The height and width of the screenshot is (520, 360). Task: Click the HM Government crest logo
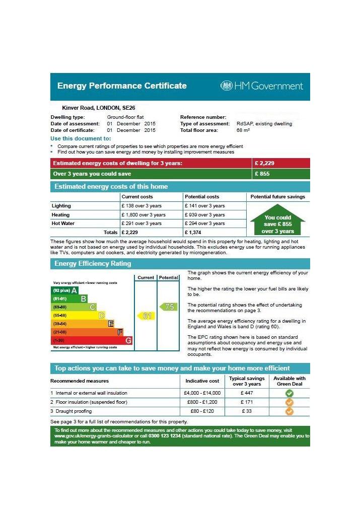click(226, 86)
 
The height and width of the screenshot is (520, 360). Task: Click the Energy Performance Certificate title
click(122, 86)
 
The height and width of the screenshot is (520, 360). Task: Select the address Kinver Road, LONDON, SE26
click(98, 108)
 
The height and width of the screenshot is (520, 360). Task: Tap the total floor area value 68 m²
click(243, 130)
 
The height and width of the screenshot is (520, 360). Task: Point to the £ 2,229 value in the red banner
click(265, 163)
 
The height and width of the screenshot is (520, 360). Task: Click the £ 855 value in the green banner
click(263, 174)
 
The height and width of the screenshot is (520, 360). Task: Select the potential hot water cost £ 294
click(205, 224)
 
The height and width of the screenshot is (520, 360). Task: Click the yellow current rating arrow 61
click(145, 316)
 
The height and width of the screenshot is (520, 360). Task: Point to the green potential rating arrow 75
click(169, 307)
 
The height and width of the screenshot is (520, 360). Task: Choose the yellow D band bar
click(79, 316)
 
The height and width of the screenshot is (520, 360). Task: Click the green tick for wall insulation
click(289, 393)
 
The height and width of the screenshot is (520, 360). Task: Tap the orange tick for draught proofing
click(289, 411)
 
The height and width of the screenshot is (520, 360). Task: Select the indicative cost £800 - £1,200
click(200, 402)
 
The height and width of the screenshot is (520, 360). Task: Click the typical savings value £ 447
click(247, 393)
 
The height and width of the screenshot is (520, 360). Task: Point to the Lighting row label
click(61, 206)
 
